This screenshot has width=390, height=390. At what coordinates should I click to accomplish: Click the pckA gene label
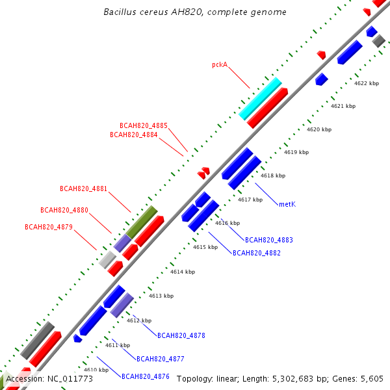[220, 64]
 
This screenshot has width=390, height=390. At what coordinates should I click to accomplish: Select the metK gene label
[287, 204]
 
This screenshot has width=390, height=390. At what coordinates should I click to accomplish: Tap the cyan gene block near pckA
[260, 99]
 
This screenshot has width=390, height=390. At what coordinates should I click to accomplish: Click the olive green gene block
[142, 222]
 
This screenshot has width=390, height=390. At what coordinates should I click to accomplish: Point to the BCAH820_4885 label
[144, 125]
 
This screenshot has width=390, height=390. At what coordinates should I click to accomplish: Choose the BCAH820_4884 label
[133, 135]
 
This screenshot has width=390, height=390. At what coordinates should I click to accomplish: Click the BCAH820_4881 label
[83, 188]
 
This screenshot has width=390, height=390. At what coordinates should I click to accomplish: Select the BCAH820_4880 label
[64, 210]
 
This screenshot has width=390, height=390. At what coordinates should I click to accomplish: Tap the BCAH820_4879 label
[49, 227]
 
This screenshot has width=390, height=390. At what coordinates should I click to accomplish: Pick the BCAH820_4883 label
[269, 240]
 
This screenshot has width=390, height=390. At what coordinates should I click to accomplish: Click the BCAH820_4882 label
[257, 253]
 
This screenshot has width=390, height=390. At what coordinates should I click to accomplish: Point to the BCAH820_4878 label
[181, 335]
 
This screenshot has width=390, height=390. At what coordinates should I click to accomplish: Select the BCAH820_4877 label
[160, 359]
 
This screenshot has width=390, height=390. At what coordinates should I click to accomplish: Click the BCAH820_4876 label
[145, 376]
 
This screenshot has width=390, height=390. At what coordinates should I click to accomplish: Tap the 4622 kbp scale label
[367, 83]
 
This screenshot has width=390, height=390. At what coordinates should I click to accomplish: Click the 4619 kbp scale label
[296, 152]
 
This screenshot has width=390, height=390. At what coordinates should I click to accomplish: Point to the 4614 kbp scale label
[183, 272]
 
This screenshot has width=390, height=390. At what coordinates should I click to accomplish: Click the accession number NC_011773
[70, 379]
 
